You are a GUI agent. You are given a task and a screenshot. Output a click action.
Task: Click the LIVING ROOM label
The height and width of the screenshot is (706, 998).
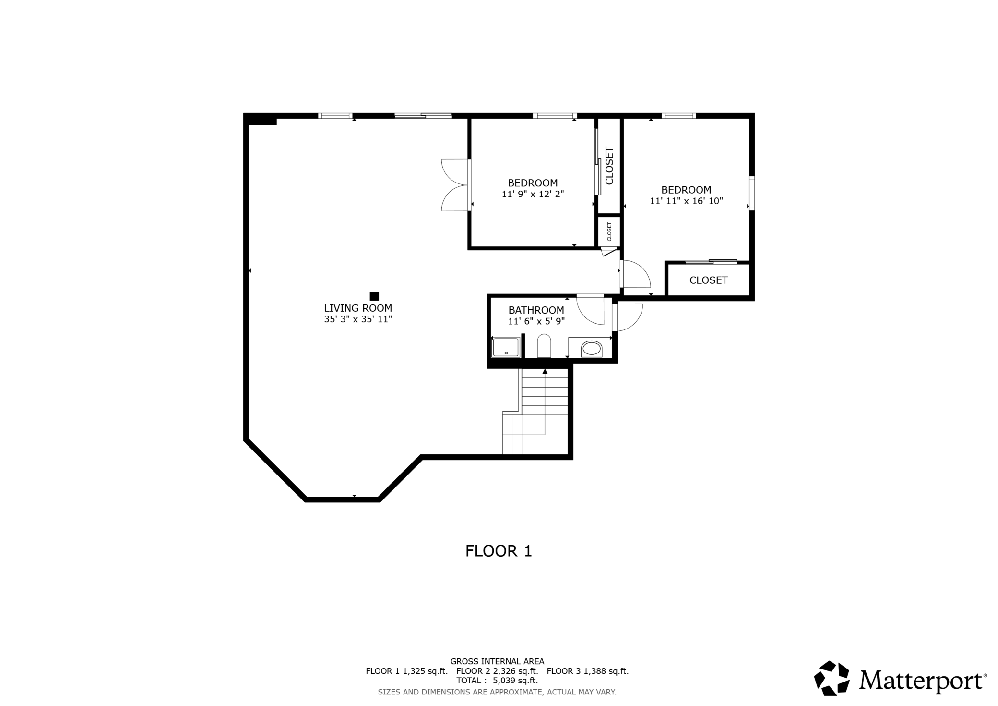(358, 308)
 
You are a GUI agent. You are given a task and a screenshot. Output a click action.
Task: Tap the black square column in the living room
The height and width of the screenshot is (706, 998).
(374, 296)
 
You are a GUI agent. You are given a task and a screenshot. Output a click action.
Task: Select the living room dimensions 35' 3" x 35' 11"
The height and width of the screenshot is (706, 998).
(358, 319)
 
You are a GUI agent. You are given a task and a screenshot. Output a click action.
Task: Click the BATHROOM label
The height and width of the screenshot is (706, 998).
(536, 310)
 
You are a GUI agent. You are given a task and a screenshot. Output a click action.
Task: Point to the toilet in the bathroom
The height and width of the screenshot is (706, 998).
(544, 346)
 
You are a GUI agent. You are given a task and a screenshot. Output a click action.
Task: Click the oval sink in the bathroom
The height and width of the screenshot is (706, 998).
(591, 349)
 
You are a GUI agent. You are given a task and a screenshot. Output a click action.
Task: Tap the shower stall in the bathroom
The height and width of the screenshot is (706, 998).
(506, 347)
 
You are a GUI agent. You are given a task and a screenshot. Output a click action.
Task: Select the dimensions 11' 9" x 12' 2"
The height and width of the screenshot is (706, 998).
(533, 195)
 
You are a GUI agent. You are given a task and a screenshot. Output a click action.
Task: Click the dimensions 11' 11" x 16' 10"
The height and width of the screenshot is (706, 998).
(686, 201)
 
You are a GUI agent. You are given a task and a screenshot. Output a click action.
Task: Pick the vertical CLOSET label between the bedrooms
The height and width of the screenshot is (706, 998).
(609, 166)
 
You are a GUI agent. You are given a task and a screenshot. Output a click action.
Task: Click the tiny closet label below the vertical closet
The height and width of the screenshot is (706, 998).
(609, 231)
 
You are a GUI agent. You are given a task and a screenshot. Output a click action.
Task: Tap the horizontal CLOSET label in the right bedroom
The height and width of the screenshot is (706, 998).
(709, 280)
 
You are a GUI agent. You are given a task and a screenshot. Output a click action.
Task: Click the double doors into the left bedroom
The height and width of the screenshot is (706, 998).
(455, 185)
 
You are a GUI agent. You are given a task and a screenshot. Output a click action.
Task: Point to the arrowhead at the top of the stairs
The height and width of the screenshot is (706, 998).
(545, 371)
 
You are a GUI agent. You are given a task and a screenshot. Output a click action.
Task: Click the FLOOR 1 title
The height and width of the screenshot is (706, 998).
(499, 551)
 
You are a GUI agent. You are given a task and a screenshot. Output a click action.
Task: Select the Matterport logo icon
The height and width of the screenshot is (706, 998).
(832, 678)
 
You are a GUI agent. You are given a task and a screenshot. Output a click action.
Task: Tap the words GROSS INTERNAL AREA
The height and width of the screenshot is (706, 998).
(497, 661)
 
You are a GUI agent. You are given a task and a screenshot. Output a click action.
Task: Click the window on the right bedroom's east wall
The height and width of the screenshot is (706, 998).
(752, 193)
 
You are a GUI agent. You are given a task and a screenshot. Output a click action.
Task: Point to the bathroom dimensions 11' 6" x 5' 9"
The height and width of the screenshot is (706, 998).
(536, 321)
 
